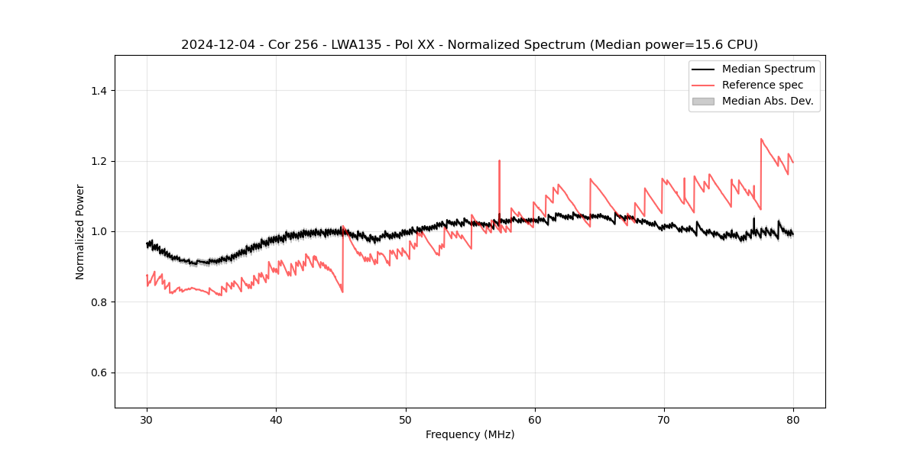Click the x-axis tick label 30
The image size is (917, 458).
[x=147, y=419]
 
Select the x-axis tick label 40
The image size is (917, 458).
[x=276, y=419]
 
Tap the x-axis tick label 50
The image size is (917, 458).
[x=406, y=419]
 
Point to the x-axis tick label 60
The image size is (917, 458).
[x=535, y=419]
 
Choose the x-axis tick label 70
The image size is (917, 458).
[x=664, y=419]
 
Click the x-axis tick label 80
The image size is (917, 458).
[x=793, y=419]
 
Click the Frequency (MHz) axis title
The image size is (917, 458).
[x=470, y=434]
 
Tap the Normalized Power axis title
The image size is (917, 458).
[x=80, y=231]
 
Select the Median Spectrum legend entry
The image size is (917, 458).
[x=768, y=69]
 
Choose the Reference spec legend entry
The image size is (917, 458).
[x=762, y=85]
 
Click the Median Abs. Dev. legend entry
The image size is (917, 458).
[x=767, y=101]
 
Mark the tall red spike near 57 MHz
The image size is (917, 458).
[x=499, y=162]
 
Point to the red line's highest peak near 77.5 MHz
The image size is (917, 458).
[x=761, y=140]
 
